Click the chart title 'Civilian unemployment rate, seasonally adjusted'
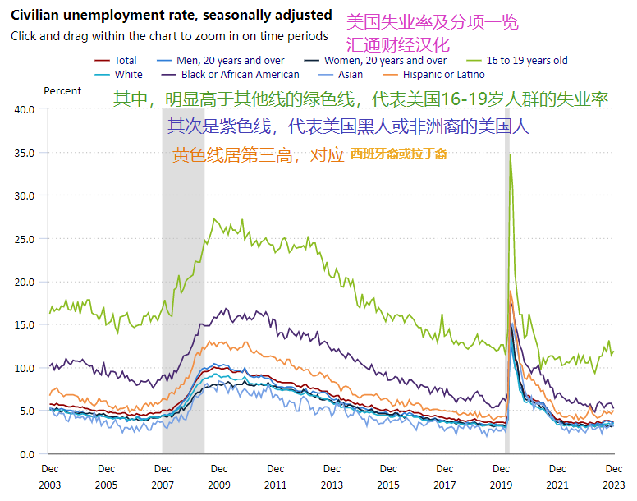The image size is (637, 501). [171, 15]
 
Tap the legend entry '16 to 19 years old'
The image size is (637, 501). [526, 60]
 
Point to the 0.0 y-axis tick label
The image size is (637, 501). [28, 454]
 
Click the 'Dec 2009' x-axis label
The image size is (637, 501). [218, 476]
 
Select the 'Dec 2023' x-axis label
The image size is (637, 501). [613, 476]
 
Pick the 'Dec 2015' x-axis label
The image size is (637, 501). [387, 476]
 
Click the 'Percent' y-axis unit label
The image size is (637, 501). [62, 91]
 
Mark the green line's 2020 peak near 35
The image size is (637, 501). [511, 154]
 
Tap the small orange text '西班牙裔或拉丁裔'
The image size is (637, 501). [398, 154]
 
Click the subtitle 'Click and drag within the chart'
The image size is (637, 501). [169, 36]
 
